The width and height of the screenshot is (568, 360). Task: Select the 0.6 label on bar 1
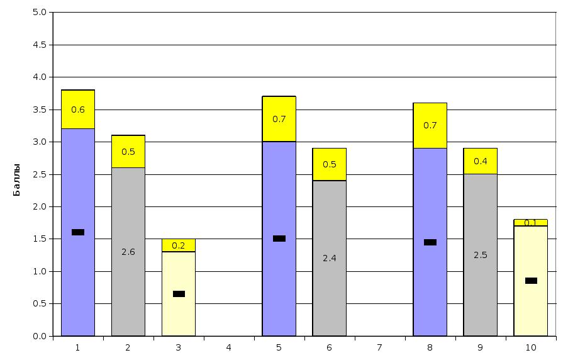[78, 110]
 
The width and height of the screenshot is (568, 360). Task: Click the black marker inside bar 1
[78, 232]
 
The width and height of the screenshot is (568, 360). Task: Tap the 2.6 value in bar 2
[128, 252]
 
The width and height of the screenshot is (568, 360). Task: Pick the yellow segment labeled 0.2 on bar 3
[179, 245]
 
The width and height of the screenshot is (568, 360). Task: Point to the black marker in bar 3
[179, 294]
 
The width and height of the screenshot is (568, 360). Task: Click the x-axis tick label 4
[228, 347]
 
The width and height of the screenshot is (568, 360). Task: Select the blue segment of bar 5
[279, 283]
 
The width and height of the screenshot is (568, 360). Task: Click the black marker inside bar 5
[279, 239]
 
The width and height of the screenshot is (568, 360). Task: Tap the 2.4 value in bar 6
[330, 258]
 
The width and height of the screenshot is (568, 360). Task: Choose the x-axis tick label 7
[379, 347]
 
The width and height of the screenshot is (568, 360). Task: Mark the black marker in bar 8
[430, 242]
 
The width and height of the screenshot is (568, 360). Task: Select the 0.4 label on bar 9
[481, 161]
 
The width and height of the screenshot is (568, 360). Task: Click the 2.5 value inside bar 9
[481, 255]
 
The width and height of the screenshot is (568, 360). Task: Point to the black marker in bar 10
[531, 281]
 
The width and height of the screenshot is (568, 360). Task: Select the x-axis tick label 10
[531, 347]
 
